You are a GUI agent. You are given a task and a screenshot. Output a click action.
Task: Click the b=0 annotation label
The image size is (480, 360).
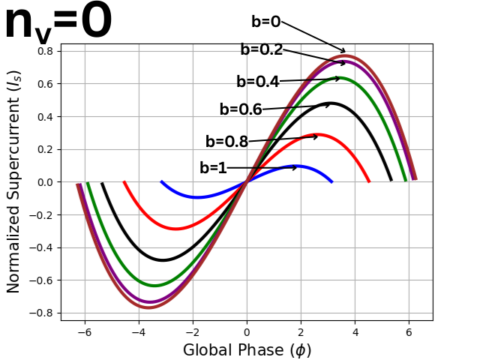(265, 22)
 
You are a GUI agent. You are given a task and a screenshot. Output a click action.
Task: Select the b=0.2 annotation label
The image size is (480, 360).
(261, 50)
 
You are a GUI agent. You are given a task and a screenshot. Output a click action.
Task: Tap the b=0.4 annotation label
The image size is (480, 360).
(257, 82)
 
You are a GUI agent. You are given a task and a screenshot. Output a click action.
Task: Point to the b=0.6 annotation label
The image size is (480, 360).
(240, 109)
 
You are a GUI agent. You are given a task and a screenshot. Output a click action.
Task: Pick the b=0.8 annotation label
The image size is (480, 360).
(226, 142)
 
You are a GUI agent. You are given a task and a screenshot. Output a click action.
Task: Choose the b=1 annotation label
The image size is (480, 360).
(213, 169)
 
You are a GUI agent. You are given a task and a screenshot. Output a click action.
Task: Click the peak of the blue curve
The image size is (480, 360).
(295, 166)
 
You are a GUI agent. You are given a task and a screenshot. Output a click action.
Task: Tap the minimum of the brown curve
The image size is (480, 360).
(148, 307)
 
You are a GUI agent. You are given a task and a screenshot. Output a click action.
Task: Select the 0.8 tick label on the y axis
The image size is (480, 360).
(45, 51)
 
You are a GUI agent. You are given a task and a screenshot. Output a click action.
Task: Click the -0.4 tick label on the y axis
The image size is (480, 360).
(42, 247)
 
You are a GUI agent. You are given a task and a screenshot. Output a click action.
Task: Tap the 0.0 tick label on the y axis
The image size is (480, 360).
(45, 182)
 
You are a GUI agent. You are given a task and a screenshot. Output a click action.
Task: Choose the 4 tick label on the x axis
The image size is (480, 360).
(355, 332)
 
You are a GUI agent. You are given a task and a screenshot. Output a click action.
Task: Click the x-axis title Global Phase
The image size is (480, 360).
(247, 350)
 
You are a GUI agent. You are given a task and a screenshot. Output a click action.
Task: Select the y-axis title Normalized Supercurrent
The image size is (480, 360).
(13, 182)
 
